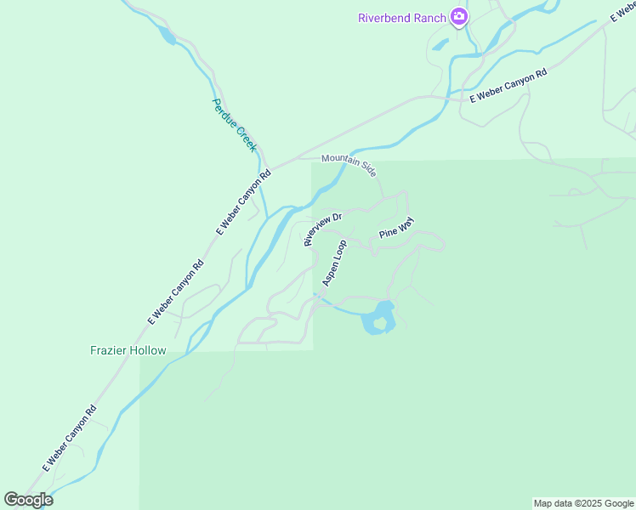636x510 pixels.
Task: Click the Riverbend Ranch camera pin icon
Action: (459, 16)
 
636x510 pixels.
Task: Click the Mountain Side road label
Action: (349, 163)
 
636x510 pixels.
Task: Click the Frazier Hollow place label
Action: (128, 350)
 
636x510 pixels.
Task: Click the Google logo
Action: (29, 500)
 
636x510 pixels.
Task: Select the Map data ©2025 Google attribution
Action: (583, 503)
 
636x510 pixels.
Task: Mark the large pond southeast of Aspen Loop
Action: (379, 318)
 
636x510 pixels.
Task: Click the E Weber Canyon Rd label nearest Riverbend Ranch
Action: (508, 88)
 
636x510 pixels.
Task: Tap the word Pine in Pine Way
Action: (389, 235)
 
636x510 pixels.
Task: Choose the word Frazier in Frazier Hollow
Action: (109, 350)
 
